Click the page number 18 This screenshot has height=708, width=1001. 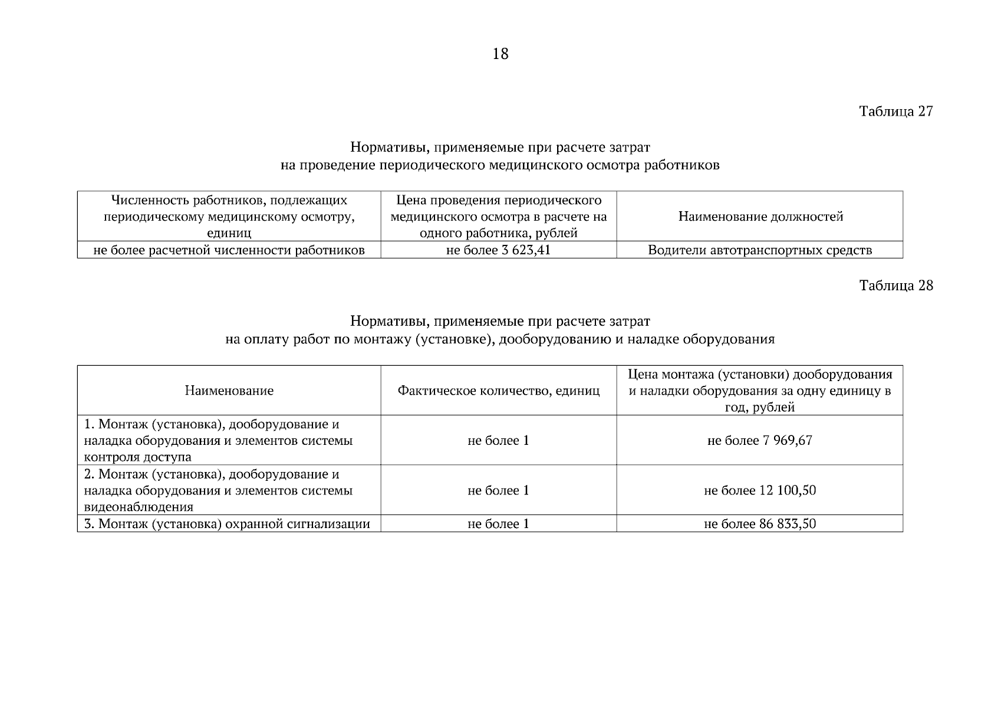tap(500, 54)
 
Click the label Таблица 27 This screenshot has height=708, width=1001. tap(896, 112)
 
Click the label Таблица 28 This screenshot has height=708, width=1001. tap(896, 286)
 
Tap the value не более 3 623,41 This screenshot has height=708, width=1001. tap(498, 250)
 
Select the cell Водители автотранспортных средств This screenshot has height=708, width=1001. tap(759, 250)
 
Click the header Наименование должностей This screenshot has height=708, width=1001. tap(760, 217)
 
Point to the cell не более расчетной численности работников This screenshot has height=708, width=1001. tap(229, 250)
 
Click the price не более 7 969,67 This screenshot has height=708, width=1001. tap(759, 441)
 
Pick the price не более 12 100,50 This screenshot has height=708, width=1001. tap(759, 490)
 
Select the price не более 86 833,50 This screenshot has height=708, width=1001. tap(759, 524)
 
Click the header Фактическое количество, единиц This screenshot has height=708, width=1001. tap(498, 391)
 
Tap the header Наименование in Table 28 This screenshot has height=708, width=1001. tap(229, 391)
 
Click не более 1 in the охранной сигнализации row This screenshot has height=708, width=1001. tap(498, 524)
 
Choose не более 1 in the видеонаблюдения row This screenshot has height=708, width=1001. tap(498, 490)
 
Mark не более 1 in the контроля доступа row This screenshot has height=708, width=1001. tap(498, 441)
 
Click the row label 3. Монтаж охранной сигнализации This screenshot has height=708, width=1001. tap(227, 524)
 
